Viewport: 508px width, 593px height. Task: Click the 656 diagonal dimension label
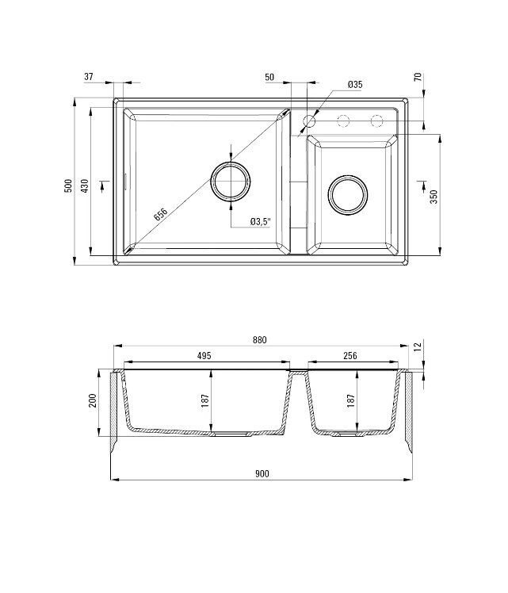click(160, 214)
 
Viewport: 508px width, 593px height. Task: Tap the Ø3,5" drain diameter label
click(261, 222)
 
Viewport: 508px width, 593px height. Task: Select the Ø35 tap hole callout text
click(355, 85)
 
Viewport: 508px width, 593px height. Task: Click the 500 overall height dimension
click(68, 186)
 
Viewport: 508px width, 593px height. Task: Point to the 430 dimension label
click(85, 186)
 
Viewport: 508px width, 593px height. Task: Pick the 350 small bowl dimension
click(434, 197)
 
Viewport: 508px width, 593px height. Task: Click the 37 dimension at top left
click(89, 77)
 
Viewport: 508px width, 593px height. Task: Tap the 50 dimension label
click(269, 77)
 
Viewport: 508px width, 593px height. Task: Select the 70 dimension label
click(418, 77)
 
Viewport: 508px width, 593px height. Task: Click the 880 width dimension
click(260, 340)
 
